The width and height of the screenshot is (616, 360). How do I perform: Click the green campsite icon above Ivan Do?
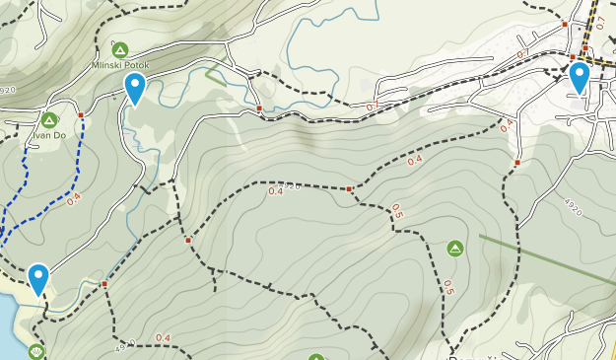click(x=48, y=120)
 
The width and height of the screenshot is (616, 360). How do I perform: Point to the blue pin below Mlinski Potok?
click(x=134, y=87)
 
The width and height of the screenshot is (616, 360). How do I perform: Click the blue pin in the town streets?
click(x=579, y=76)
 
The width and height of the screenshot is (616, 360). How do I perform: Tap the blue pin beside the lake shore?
click(x=38, y=278)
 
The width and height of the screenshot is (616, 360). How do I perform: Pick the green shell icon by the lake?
click(x=37, y=351)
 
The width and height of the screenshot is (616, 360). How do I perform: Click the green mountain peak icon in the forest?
click(x=455, y=248)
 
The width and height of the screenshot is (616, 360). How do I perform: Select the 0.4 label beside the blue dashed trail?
click(x=74, y=197)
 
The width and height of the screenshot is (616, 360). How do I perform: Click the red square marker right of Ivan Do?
click(x=81, y=115)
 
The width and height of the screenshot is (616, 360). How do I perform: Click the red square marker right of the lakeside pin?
click(x=104, y=284)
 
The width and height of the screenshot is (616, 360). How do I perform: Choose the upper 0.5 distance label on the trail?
click(x=396, y=211)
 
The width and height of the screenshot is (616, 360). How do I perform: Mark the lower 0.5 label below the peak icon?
click(x=448, y=288)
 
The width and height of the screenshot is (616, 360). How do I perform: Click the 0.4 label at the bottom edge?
click(x=163, y=338)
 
